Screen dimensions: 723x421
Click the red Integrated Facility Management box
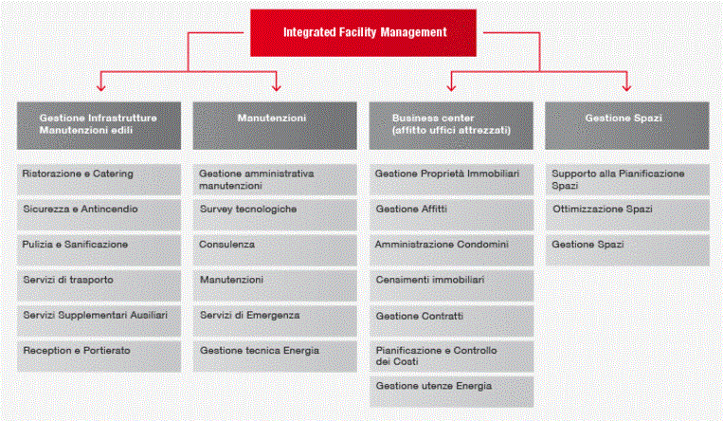(x=363, y=33)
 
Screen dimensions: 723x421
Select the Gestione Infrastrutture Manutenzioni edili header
(x=99, y=125)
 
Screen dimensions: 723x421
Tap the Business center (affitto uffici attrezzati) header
(x=451, y=125)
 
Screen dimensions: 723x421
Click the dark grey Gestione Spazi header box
(x=627, y=125)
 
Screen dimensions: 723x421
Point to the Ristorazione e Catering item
(x=99, y=179)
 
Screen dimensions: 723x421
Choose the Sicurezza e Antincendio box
(x=99, y=215)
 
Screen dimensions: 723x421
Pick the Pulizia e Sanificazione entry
(x=99, y=250)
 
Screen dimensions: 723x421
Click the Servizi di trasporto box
(x=99, y=285)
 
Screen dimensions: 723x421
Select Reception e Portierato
(x=99, y=357)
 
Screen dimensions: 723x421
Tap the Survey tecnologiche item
(x=275, y=215)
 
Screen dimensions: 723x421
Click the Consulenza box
(x=275, y=250)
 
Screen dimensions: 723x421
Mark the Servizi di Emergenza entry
(x=275, y=320)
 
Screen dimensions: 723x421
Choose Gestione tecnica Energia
(x=275, y=357)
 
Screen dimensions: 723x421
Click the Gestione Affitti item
(x=451, y=215)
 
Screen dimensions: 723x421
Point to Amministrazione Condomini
(x=451, y=250)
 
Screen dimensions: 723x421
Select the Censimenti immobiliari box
(x=451, y=285)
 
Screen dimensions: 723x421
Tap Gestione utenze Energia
(x=451, y=392)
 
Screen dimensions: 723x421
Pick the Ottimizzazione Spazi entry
(x=627, y=215)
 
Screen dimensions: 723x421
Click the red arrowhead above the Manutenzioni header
(x=276, y=87)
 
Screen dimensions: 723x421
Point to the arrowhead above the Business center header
(x=451, y=87)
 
